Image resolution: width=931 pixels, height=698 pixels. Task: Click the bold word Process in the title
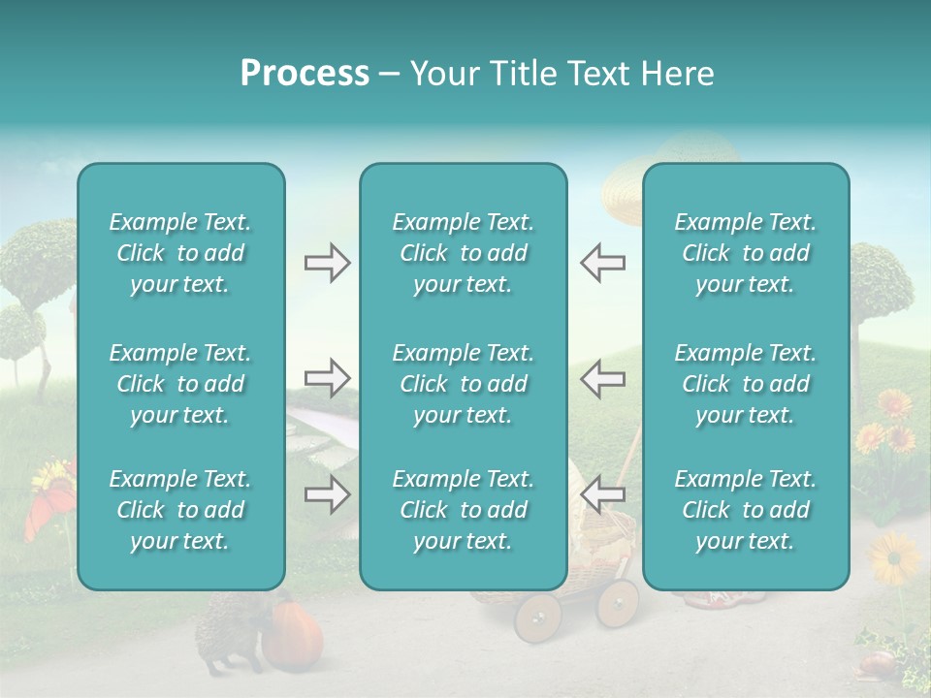305,74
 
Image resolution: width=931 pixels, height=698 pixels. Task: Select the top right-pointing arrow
327,263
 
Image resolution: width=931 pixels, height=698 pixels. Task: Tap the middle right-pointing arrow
327,378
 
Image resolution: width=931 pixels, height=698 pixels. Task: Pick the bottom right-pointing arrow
327,494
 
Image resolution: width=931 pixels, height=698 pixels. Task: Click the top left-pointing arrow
602,263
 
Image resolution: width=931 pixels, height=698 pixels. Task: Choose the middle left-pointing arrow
602,378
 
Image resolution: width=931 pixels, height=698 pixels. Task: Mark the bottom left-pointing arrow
602,494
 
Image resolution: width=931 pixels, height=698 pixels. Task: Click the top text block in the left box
180,253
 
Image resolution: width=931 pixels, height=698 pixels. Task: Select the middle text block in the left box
180,384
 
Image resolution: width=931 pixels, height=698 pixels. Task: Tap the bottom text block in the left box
180,510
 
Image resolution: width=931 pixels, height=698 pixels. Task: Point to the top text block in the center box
463,253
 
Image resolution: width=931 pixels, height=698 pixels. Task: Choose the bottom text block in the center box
463,510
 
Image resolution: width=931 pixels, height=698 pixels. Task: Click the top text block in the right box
745,253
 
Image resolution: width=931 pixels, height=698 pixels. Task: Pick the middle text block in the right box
745,384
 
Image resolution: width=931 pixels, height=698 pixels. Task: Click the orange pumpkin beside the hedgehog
295,630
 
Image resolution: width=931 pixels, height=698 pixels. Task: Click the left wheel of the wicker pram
537,617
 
